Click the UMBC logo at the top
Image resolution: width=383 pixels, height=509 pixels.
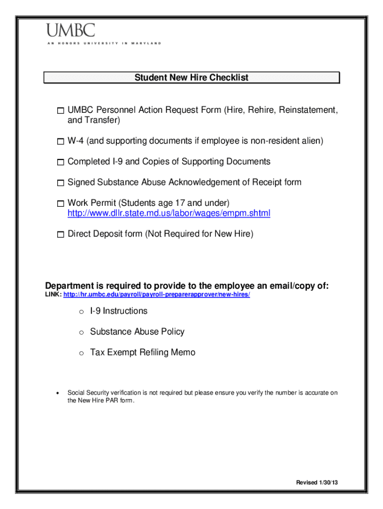click(71, 31)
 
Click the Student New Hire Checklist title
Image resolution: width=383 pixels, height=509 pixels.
click(191, 78)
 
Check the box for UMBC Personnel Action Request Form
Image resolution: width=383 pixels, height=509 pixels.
click(60, 110)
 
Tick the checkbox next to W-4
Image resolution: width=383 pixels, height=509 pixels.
click(60, 142)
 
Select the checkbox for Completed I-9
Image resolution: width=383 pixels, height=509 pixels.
click(60, 163)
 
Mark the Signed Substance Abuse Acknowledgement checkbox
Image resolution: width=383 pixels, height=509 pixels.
click(60, 183)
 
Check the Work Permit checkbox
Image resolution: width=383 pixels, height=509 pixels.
click(60, 204)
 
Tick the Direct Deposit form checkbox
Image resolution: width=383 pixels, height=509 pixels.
click(60, 235)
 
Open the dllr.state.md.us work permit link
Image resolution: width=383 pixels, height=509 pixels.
click(169, 214)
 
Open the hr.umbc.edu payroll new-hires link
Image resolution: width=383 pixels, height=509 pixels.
click(157, 295)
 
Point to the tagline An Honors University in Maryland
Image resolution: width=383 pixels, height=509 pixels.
click(104, 44)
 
